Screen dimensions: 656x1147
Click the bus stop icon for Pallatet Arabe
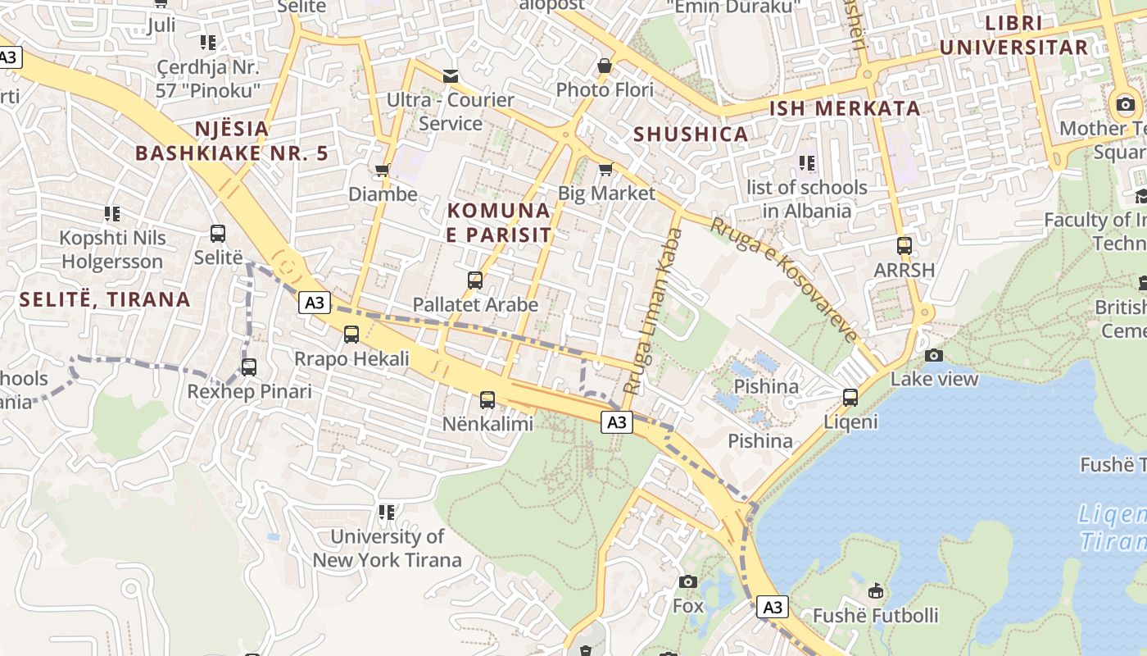(474, 280)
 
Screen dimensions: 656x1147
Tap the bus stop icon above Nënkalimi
(487, 400)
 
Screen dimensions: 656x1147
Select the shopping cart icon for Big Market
(605, 169)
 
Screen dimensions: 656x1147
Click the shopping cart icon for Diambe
(382, 171)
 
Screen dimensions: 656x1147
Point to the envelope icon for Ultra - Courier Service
(450, 76)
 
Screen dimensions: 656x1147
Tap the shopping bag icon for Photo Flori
(605, 66)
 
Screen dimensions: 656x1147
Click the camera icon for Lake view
(933, 355)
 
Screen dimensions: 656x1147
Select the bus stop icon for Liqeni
(850, 398)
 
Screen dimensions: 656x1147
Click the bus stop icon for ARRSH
(904, 246)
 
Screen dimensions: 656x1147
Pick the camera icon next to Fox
(688, 582)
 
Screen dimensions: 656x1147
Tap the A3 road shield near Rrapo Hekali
(315, 303)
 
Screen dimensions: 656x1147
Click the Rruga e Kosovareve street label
(784, 279)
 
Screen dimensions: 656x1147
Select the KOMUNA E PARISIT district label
(499, 222)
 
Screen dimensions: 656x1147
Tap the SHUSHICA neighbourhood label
(691, 134)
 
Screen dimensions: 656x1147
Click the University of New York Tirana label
(387, 549)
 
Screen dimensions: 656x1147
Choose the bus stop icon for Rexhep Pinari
(249, 367)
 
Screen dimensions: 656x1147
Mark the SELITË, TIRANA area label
(105, 299)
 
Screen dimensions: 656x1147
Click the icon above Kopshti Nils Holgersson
(112, 214)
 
